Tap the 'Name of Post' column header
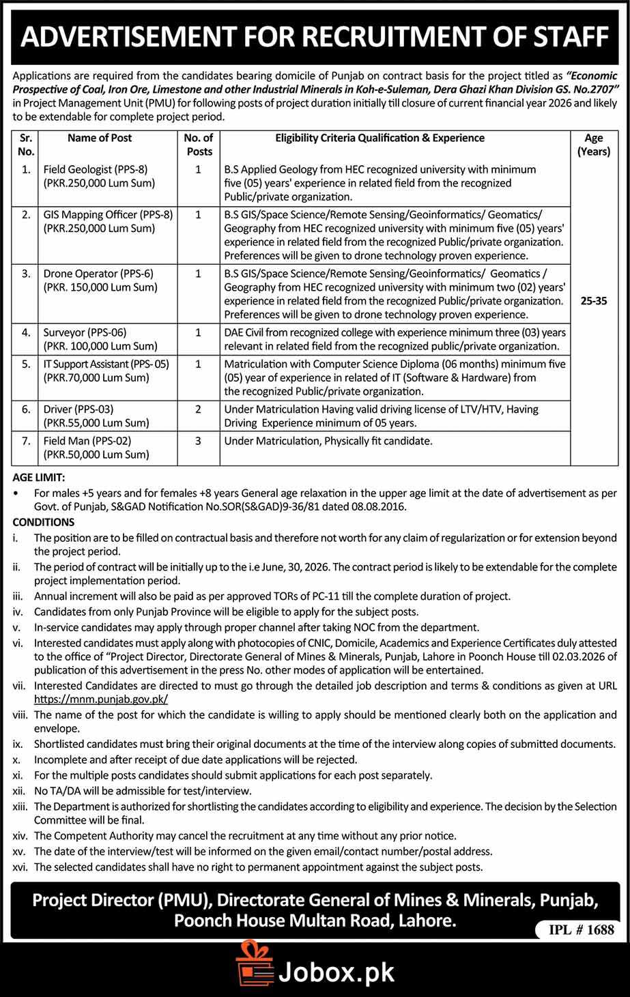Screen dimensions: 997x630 point(100,138)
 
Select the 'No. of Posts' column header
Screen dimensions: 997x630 point(199,145)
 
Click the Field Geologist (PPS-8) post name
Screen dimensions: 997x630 point(96,169)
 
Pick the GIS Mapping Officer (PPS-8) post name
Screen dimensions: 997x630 point(108,215)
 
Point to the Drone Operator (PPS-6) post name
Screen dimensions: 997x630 point(98,274)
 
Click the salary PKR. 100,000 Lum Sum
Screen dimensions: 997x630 point(100,346)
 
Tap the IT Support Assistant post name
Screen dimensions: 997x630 point(106,364)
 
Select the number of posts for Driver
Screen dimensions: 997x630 point(199,409)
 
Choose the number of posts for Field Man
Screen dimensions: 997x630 point(199,441)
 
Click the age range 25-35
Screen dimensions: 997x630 point(594,301)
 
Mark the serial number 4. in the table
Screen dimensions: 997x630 point(26,332)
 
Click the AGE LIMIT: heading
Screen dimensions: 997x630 point(39,478)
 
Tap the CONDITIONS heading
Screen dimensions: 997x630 point(44,522)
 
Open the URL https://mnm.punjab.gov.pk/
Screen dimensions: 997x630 point(101,699)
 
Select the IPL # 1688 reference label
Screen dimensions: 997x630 point(582,929)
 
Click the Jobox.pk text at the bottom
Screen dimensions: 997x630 point(337,972)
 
